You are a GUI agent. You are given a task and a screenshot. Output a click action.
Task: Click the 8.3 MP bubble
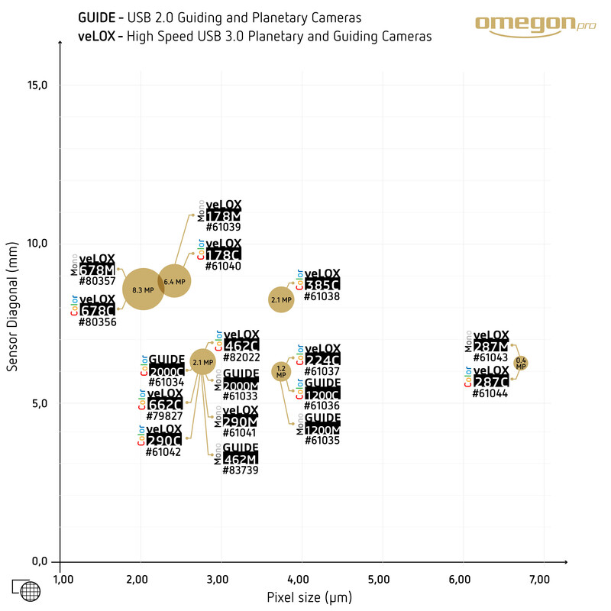(144, 289)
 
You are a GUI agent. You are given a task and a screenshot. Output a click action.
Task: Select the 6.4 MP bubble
(174, 281)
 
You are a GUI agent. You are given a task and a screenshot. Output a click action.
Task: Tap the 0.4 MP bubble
(521, 363)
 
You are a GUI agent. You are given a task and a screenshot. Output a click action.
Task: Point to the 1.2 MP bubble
(281, 372)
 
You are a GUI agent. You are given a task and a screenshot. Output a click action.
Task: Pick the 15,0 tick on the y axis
(37, 85)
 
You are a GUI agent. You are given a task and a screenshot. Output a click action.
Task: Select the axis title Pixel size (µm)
(309, 596)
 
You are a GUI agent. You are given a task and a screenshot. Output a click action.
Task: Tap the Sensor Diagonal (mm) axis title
(11, 313)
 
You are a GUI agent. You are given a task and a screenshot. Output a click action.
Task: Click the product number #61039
(223, 227)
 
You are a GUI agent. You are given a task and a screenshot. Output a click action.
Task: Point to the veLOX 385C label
(322, 281)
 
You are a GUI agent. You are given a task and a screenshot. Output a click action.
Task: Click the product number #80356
(97, 322)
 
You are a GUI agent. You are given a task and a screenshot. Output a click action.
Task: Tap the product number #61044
(490, 393)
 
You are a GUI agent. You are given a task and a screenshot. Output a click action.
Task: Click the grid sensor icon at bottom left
(26, 590)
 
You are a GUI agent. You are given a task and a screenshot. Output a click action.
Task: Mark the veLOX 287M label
(490, 341)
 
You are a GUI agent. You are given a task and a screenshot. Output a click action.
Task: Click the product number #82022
(242, 357)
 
